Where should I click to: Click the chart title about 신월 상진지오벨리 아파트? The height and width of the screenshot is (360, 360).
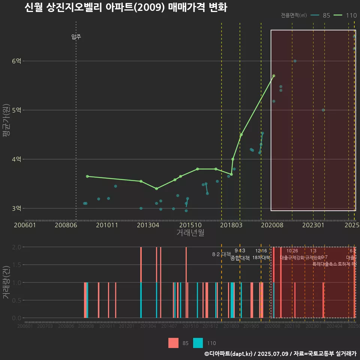126,7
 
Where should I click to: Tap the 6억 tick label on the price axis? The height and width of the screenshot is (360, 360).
17,61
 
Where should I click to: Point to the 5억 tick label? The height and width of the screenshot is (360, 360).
17,110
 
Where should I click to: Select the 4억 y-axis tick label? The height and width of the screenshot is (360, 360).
17,159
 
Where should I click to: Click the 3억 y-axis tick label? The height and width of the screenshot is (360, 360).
17,208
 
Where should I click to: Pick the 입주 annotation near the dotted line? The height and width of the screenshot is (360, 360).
76,37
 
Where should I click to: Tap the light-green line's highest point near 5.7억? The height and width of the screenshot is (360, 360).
274,76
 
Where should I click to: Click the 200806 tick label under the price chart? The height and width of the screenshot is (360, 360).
66,225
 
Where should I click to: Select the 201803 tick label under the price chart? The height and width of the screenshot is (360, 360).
230,225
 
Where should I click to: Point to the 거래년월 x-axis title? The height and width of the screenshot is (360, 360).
190,233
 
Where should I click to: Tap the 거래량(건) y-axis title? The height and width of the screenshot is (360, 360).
6,282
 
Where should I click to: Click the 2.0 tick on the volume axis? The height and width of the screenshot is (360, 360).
17,247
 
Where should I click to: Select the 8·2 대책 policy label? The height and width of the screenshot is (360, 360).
221,254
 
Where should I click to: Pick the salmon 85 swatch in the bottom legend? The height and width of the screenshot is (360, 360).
174,343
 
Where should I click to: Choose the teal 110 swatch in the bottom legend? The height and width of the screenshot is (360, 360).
198,343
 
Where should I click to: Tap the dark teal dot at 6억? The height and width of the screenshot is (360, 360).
295,61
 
